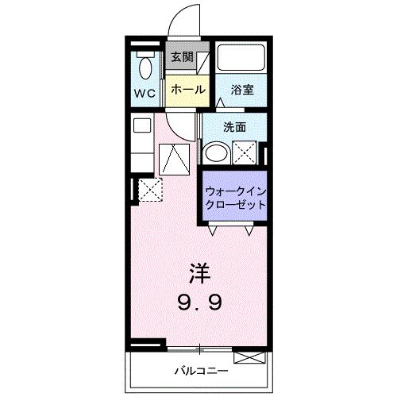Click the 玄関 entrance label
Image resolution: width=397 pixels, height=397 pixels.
pyautogui.click(x=182, y=57)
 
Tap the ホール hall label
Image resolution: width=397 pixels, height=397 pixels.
pyautogui.click(x=188, y=90)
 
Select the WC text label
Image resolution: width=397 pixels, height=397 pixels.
pyautogui.click(x=145, y=93)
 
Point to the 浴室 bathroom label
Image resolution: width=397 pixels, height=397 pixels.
pyautogui.click(x=242, y=90)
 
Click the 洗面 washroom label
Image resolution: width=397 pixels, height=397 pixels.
pyautogui.click(x=235, y=127)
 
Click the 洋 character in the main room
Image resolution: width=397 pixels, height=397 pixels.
pyautogui.click(x=200, y=274)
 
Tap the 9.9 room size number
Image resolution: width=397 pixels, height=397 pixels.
pyautogui.click(x=199, y=303)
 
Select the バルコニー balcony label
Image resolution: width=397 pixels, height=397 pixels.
pyautogui.click(x=201, y=371)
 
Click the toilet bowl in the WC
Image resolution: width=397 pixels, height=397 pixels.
pyautogui.click(x=145, y=68)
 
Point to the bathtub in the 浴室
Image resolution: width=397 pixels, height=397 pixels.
pyautogui.click(x=241, y=58)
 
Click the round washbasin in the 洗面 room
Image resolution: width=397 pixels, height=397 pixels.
pyautogui.click(x=217, y=153)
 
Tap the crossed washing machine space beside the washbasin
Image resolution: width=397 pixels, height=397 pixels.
pyautogui.click(x=245, y=153)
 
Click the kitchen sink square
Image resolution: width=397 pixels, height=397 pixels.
pyautogui.click(x=142, y=125)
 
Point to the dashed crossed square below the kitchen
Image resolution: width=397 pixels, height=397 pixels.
pyautogui.click(x=150, y=190)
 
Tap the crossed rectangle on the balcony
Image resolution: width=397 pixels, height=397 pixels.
pyautogui.click(x=249, y=357)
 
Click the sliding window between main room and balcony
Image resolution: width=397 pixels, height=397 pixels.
pyautogui.click(x=200, y=349)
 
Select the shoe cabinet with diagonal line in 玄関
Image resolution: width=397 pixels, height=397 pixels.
pyautogui.click(x=202, y=64)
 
